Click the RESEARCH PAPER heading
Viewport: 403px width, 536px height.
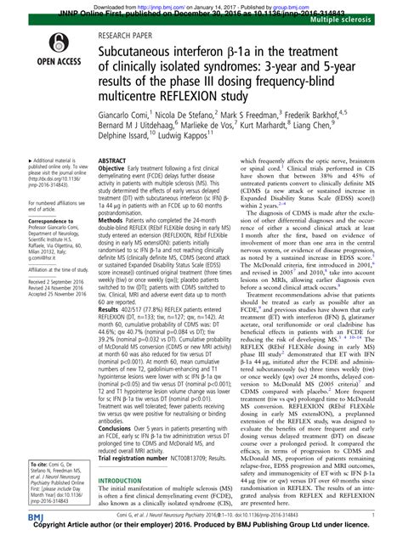coord(131,37)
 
